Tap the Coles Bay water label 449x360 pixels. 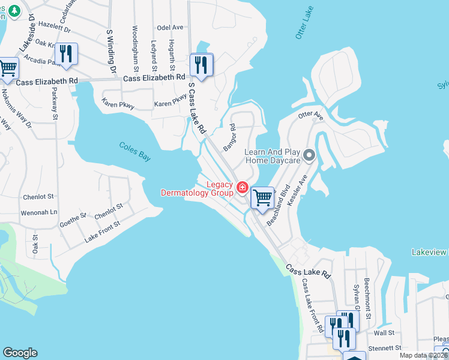point(134,151)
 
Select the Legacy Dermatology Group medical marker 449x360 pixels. point(243,187)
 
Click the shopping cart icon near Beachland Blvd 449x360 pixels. point(262,197)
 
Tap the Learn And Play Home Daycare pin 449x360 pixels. point(309,156)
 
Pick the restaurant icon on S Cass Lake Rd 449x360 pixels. point(202,65)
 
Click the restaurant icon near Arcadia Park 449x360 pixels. point(66,55)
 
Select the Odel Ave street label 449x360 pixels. point(169,28)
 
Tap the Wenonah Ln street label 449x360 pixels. point(39,212)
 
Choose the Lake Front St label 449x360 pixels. point(102,231)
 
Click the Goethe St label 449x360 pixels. point(74,219)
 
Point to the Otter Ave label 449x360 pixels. point(311,116)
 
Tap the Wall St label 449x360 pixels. point(384,332)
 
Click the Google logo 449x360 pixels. point(20,353)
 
